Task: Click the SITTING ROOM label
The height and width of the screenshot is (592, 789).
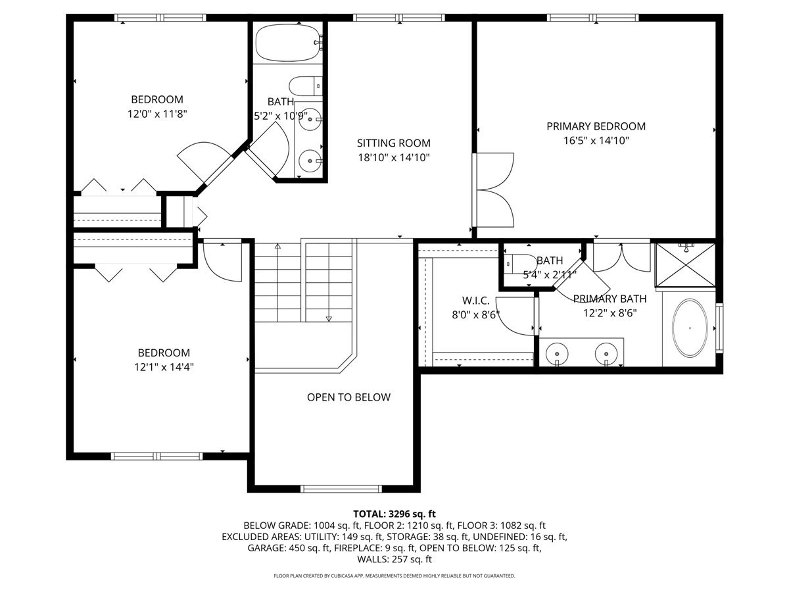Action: [394, 143]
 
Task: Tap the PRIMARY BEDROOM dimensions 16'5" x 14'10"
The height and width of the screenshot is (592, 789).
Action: [596, 141]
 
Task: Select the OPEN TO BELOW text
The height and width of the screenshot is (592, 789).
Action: [348, 397]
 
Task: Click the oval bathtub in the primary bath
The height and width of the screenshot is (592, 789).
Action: [690, 328]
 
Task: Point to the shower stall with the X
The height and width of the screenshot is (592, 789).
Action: [686, 265]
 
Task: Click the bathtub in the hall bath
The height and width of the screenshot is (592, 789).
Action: [288, 43]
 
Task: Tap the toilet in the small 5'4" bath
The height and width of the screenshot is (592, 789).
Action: [520, 264]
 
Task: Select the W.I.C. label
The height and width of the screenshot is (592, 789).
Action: [475, 301]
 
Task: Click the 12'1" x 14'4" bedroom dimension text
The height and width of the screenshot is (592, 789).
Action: [164, 367]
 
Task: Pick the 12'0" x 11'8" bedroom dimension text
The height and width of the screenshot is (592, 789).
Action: [157, 114]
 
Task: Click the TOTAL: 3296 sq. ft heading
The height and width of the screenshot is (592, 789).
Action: [394, 514]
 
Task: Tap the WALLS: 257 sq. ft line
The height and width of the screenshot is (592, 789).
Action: [394, 559]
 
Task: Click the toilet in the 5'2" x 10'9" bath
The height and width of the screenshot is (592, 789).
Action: [306, 86]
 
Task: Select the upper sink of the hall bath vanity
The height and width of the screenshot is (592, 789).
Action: [310, 119]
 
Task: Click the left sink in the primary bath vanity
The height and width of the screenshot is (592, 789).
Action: [557, 353]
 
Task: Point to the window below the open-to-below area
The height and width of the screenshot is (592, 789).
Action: [341, 489]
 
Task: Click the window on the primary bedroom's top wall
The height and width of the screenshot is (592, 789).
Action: [593, 18]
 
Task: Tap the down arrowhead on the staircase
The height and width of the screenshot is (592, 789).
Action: [329, 319]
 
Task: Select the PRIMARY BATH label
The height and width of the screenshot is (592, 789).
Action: [610, 299]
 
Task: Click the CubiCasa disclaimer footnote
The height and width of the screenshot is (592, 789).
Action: [394, 576]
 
